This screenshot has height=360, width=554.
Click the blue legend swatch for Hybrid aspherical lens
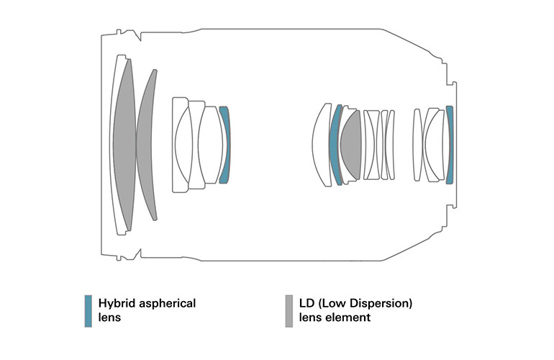[x=88, y=311]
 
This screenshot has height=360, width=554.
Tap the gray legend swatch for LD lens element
[x=289, y=311]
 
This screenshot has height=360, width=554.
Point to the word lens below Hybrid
[x=109, y=318]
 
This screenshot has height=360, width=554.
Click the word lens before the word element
[x=311, y=318]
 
